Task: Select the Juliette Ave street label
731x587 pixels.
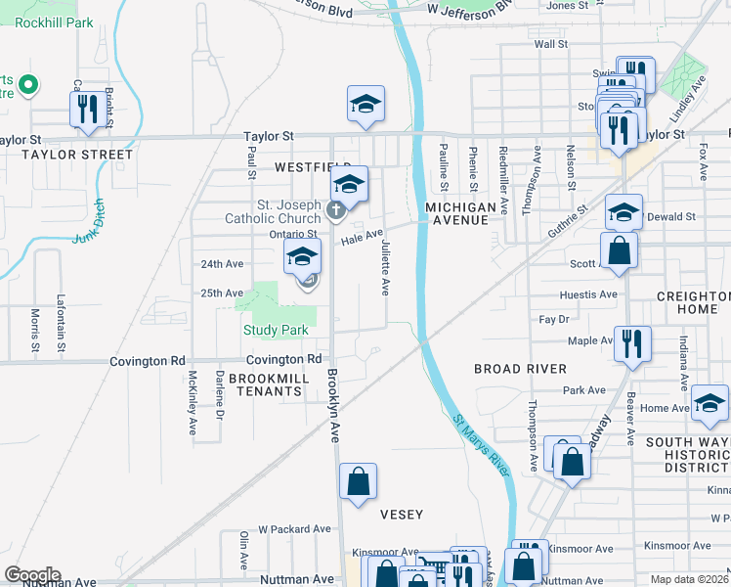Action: coord(386,267)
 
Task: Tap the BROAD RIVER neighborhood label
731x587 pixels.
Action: coord(520,369)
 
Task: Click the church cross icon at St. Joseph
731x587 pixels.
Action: coord(335,208)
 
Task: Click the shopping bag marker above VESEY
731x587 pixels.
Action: coord(359,480)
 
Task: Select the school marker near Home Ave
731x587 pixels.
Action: coord(709,402)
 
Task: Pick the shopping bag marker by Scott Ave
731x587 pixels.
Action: coord(619,249)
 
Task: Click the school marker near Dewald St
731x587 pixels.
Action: coord(623,211)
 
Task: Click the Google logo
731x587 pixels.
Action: coord(31,575)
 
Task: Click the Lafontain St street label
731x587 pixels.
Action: coord(61,325)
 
